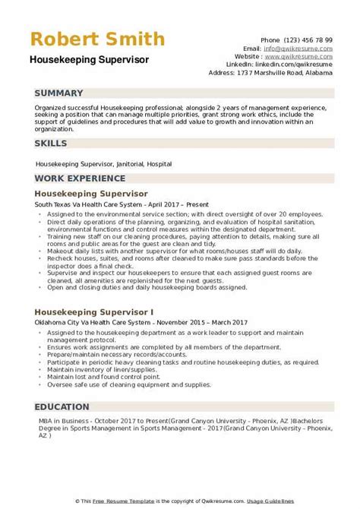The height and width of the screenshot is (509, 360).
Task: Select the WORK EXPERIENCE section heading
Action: point(80,179)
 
